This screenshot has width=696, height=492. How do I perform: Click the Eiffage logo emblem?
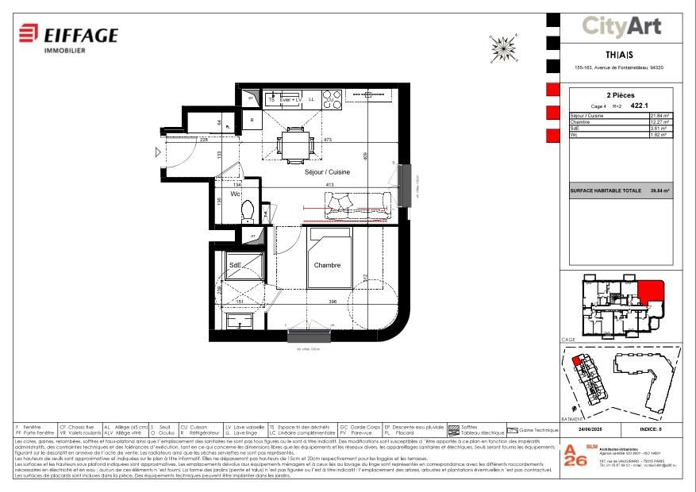pyautogui.click(x=29, y=34)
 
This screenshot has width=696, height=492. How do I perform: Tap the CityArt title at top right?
pyautogui.click(x=621, y=26)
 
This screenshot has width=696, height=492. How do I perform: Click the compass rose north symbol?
pyautogui.click(x=502, y=48)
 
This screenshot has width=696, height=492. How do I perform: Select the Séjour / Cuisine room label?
pyautogui.click(x=328, y=171)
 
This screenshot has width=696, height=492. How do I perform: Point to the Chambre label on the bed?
pyautogui.click(x=327, y=265)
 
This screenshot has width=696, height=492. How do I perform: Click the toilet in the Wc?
pyautogui.click(x=246, y=211)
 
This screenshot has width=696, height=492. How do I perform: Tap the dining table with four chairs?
pyautogui.click(x=294, y=144)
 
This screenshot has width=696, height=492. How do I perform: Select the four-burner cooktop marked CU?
pyautogui.click(x=333, y=99)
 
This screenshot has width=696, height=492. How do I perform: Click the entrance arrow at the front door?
pyautogui.click(x=159, y=152)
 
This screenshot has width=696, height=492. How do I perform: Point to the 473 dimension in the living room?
pyautogui.click(x=326, y=140)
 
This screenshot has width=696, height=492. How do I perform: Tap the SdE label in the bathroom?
pyautogui.click(x=235, y=265)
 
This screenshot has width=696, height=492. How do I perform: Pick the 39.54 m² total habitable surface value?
pyautogui.click(x=660, y=191)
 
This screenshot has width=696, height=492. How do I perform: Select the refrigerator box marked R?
pyautogui.click(x=252, y=121)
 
